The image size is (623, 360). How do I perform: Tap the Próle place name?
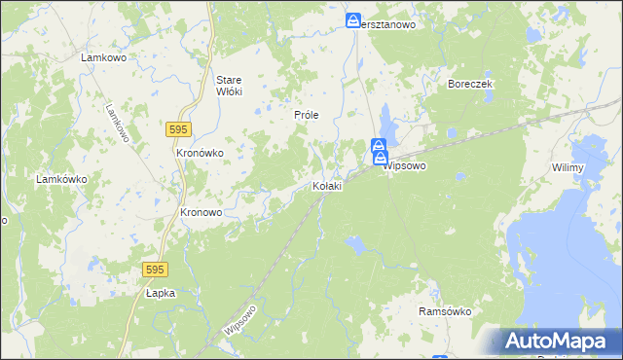307,115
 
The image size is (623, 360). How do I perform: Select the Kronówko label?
200,153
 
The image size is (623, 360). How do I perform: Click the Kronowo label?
202,212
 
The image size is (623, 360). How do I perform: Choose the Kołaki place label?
326,186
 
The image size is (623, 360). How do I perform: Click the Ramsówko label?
444,311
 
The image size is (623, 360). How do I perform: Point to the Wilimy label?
567,168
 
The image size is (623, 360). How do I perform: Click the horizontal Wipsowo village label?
406,166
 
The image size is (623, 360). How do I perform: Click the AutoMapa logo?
556,342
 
